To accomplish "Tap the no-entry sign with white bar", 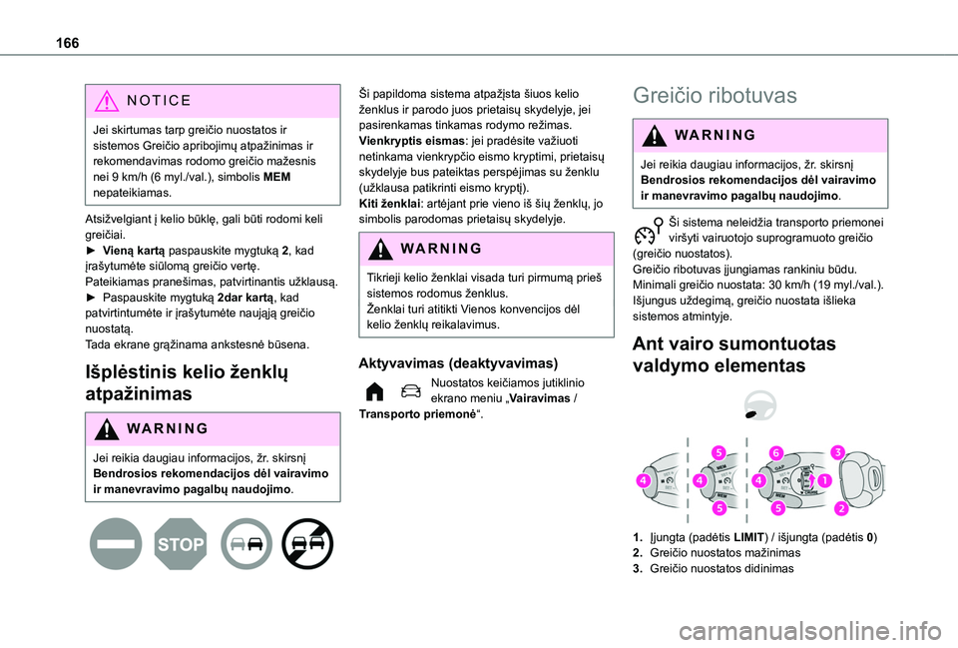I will click(x=115, y=543).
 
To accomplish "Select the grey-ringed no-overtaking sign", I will click(x=245, y=543).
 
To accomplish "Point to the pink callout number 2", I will click(x=840, y=509).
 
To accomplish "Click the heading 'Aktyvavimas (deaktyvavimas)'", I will click(x=451, y=363).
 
